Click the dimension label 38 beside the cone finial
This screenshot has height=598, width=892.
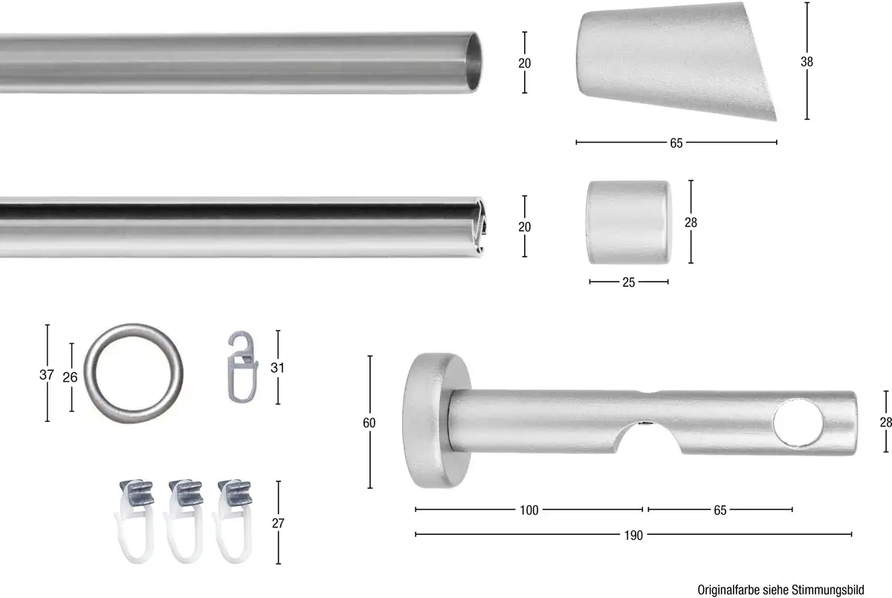tap(807, 62)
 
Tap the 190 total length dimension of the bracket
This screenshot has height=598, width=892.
tap(633, 535)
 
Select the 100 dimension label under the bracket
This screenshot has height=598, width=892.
tap(529, 510)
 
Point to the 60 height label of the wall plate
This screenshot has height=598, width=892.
tap(369, 423)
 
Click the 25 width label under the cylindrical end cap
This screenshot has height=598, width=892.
tap(628, 282)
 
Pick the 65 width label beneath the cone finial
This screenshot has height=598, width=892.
tap(676, 143)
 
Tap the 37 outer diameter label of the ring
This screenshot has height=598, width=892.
tap(47, 374)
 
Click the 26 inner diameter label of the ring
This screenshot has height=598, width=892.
tap(70, 377)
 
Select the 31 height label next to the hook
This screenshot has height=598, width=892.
tap(277, 368)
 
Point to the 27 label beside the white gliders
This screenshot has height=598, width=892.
tap(278, 523)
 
